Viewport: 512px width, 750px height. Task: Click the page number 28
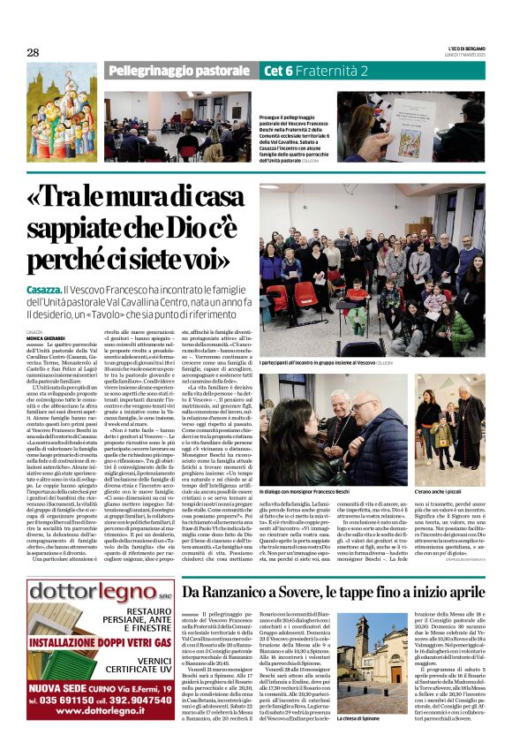click(x=34, y=52)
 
